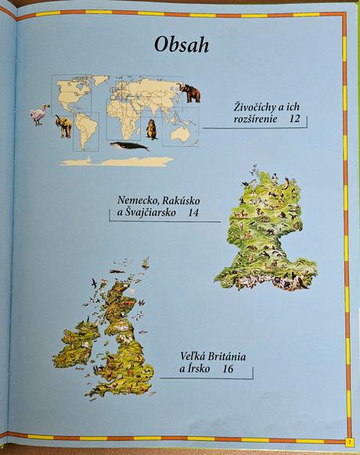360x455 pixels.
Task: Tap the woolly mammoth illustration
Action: (188, 92)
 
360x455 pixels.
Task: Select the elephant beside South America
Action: (63, 125)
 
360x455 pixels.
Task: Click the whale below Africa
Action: (129, 146)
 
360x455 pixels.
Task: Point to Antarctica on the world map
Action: (117, 161)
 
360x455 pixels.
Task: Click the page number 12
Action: (294, 119)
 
